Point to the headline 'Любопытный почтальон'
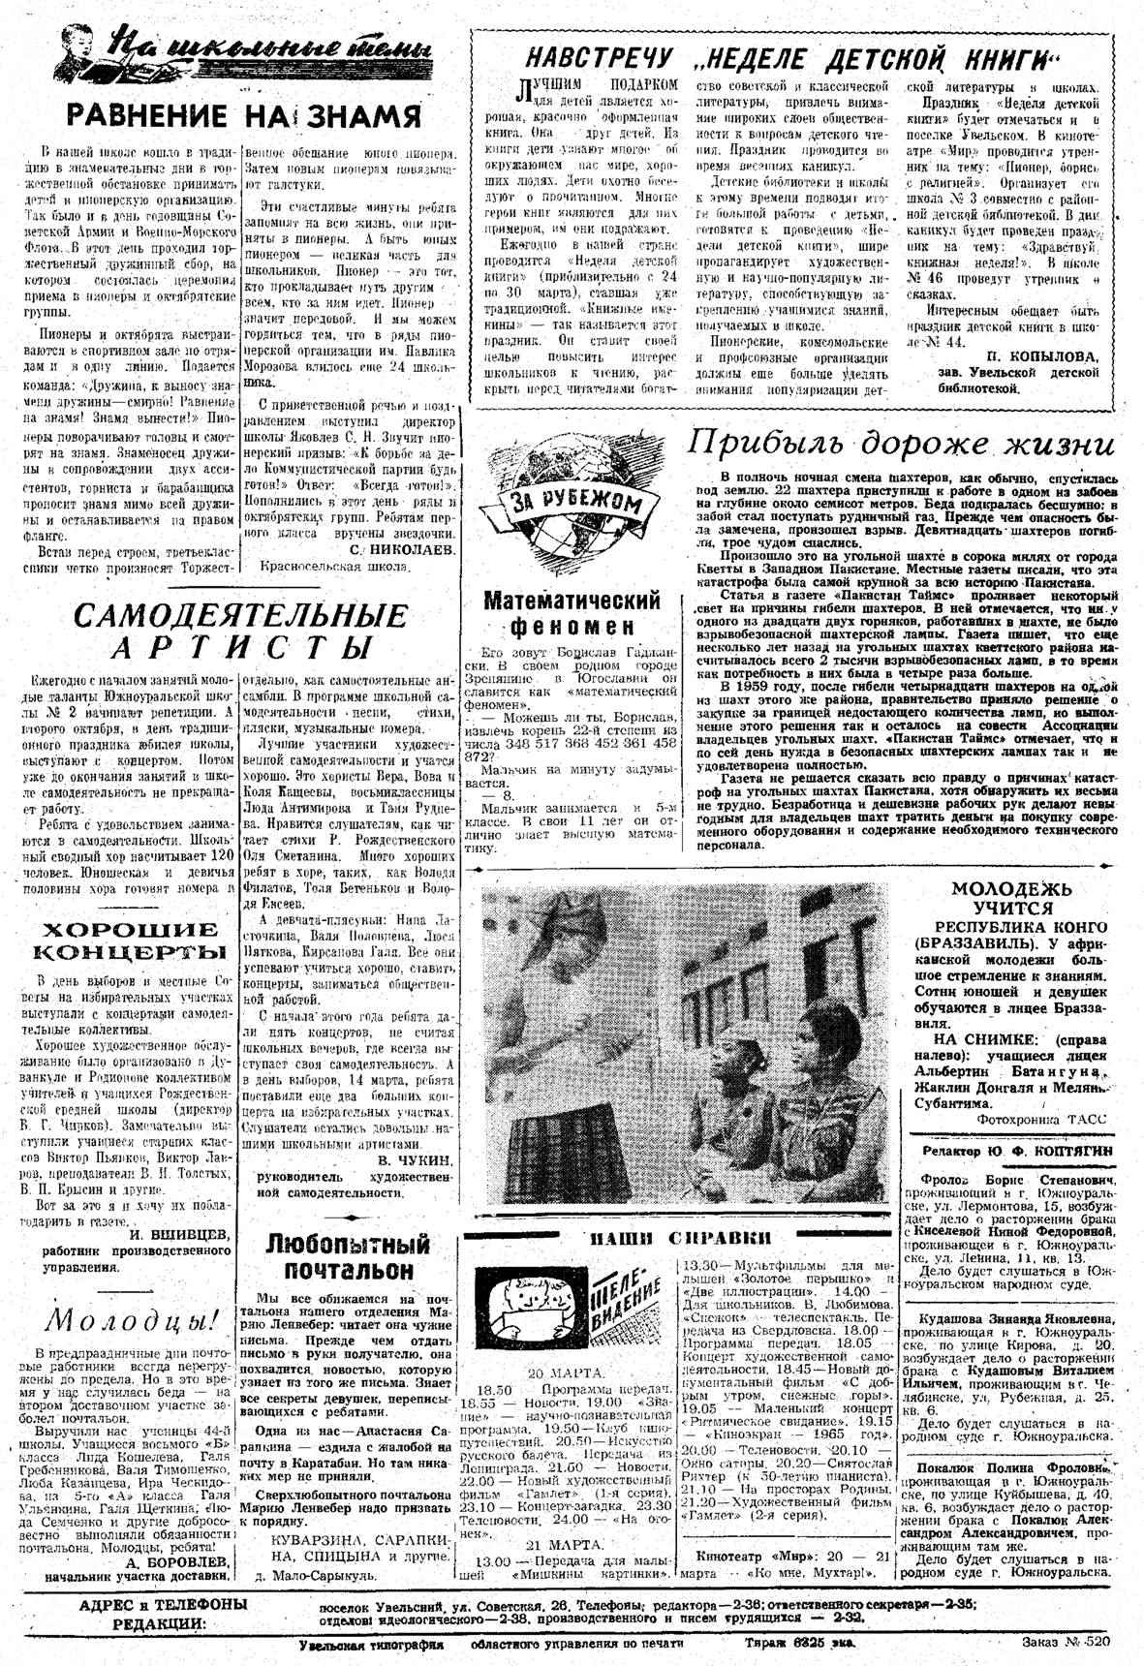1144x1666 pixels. tap(348, 1255)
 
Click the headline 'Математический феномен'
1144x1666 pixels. tap(572, 612)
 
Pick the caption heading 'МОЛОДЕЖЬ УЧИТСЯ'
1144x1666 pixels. tap(1012, 898)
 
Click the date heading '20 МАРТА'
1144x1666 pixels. tap(565, 1373)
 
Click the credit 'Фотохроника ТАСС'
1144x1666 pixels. tap(1042, 1118)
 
